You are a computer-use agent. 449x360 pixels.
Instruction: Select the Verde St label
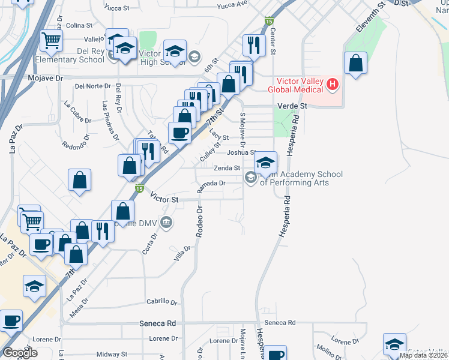(x=292, y=106)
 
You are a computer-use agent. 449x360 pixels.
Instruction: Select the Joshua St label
(x=244, y=152)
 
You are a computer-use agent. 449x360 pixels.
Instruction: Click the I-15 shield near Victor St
(x=139, y=188)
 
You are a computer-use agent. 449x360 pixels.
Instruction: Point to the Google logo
(x=20, y=353)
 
